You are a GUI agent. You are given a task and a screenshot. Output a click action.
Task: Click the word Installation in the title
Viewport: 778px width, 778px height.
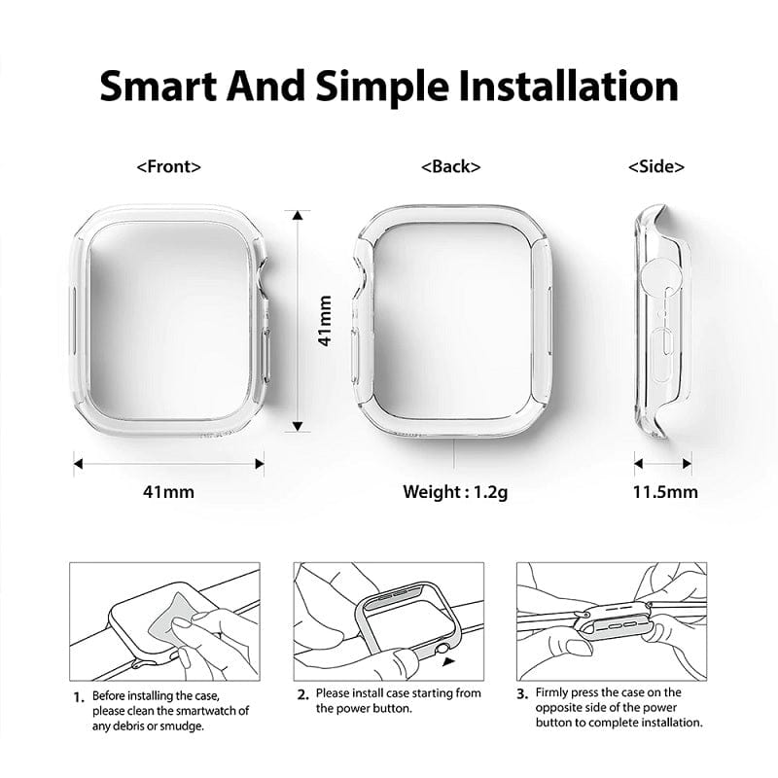point(545,87)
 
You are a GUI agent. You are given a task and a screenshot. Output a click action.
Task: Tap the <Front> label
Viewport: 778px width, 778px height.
point(169,166)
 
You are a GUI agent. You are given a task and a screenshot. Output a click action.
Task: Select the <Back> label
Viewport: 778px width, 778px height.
point(450,166)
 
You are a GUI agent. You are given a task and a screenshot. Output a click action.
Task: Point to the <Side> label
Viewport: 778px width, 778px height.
point(656,166)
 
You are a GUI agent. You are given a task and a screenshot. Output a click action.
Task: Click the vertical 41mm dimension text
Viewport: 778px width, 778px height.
point(326,321)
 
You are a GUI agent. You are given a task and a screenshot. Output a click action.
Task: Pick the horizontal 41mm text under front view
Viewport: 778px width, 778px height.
point(169,491)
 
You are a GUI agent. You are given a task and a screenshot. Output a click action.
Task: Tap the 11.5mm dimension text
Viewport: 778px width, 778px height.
point(665,491)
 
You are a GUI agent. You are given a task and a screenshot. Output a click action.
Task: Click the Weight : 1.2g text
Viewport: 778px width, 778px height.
point(455,491)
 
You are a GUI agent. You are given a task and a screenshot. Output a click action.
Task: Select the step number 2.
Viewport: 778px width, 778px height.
point(302,693)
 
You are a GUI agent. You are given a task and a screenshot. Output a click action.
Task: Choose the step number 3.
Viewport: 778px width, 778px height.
point(522,693)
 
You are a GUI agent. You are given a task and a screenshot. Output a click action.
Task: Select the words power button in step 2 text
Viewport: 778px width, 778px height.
point(378,709)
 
